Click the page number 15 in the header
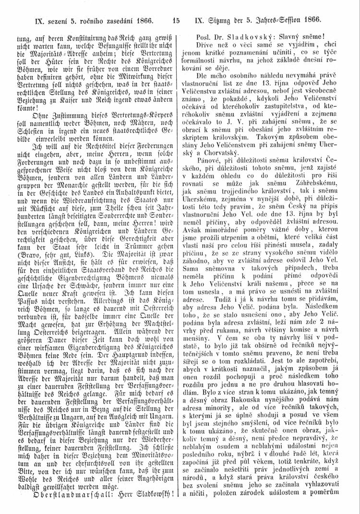point(176,21)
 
